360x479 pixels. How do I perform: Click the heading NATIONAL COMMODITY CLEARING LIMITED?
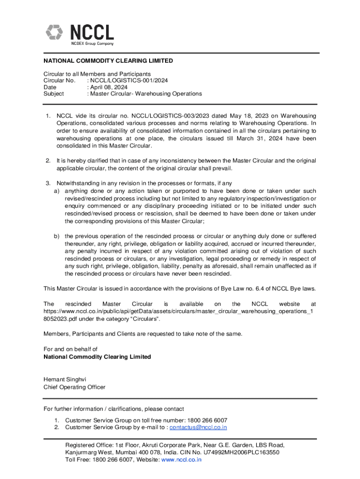[x=108, y=61]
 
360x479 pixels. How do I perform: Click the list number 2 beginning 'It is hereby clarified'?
[x=48, y=161]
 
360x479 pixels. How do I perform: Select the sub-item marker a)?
[x=56, y=191]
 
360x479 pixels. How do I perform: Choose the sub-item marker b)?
[x=56, y=236]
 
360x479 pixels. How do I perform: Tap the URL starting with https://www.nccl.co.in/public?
[x=178, y=311]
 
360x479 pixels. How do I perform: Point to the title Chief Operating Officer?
[x=74, y=387]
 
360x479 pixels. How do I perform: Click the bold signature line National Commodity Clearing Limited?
[x=97, y=357]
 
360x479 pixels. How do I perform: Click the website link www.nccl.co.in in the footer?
[x=181, y=459]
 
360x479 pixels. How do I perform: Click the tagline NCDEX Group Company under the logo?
[x=92, y=44]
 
